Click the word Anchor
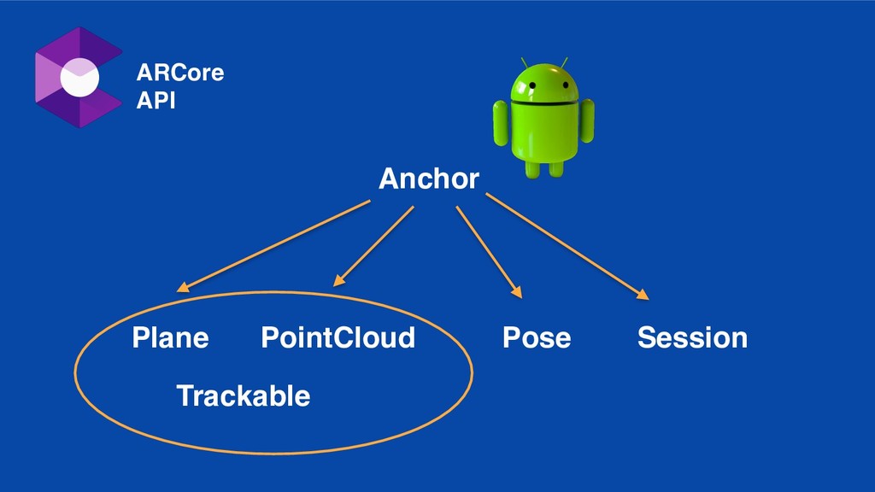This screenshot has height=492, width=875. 428,179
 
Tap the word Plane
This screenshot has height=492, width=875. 170,338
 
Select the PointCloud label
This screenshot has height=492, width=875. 338,338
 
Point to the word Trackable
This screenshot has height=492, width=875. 243,396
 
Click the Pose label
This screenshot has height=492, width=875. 536,338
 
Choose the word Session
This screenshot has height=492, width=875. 692,338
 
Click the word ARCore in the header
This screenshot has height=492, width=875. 180,73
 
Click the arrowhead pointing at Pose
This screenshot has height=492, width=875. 517,293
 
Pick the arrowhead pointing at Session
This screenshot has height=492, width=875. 643,296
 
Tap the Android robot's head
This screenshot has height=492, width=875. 544,85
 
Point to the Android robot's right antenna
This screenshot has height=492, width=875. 565,62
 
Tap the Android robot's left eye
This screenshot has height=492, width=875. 531,85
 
